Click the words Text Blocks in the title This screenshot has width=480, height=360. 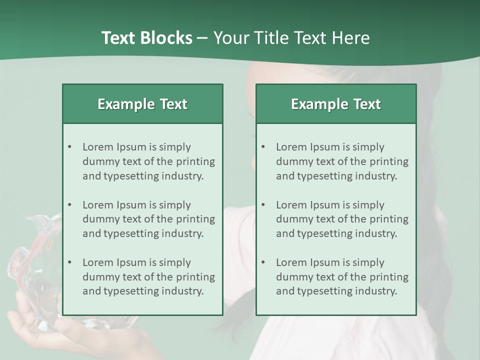146,38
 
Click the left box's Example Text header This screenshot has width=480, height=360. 142,104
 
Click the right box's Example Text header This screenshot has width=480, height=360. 336,104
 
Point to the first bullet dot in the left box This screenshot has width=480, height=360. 70,147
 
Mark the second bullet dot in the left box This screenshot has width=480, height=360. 70,205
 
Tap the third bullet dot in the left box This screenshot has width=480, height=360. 70,262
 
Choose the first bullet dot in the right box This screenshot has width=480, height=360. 263,147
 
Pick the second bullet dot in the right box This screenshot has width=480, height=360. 263,205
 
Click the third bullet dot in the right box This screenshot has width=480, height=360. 263,262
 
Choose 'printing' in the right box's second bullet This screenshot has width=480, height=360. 388,219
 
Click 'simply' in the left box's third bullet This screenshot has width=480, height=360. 174,262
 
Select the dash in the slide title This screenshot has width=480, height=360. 202,38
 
